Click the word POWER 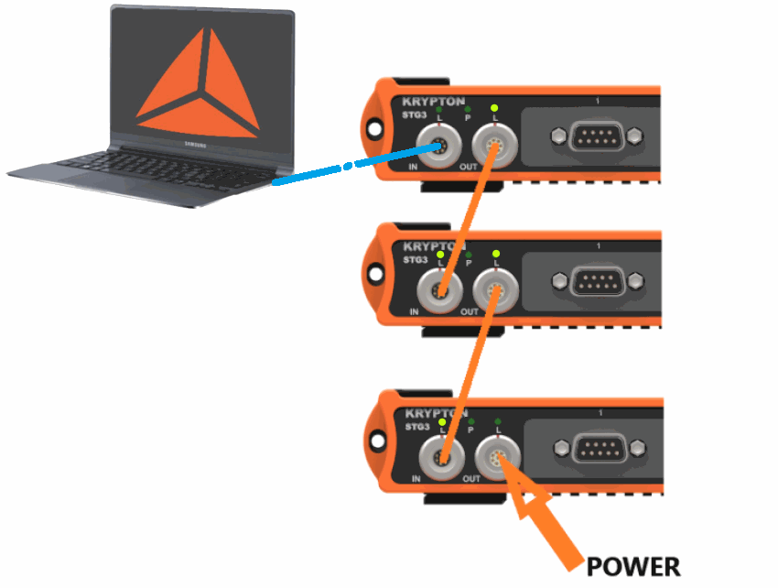[x=633, y=566]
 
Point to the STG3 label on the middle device [x=416, y=259]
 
